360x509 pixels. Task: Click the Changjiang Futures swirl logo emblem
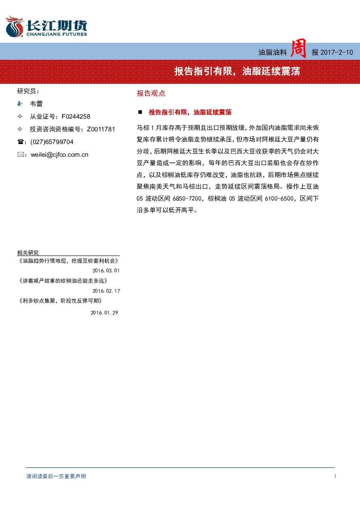tap(15, 26)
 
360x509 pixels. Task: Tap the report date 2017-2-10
tap(336, 53)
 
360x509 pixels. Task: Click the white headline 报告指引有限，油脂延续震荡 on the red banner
tap(237, 71)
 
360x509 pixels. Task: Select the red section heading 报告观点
tap(151, 93)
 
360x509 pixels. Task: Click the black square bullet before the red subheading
tap(140, 112)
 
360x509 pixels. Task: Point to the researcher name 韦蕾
tap(36, 104)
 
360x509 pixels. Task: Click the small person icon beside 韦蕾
tap(20, 104)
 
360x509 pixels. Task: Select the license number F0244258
tap(76, 116)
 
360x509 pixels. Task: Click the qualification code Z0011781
tap(101, 129)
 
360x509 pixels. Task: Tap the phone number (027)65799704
tap(52, 142)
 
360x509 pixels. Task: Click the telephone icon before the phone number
tap(20, 142)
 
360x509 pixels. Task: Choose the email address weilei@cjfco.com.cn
tap(60, 155)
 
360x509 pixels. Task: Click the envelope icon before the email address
tap(20, 155)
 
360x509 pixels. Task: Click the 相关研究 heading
tap(28, 253)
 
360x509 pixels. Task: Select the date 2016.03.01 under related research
tap(106, 271)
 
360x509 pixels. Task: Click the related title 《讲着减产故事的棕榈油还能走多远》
tap(63, 281)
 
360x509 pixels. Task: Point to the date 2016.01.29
tap(104, 313)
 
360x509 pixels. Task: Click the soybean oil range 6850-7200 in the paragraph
tap(187, 198)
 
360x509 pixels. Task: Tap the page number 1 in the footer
tap(335, 476)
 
